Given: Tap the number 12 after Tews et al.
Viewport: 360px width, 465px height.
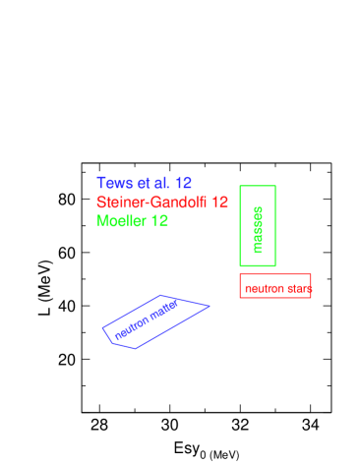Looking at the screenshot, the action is (183, 183).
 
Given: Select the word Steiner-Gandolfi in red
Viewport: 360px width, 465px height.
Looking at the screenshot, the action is (152, 202).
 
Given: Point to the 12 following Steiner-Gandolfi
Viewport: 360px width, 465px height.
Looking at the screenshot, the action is (220, 202).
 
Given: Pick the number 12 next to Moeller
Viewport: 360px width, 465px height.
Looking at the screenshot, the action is (159, 221).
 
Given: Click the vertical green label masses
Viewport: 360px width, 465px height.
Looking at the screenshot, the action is (258, 229).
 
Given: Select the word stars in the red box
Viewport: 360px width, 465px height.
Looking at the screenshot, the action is (299, 289).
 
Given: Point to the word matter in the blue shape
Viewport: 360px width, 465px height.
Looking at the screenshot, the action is (163, 309).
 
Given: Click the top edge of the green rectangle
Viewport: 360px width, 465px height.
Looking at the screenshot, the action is (258, 186).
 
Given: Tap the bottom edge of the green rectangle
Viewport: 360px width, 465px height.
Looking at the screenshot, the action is (258, 265).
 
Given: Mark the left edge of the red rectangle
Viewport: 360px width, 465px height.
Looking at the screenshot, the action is (240, 285).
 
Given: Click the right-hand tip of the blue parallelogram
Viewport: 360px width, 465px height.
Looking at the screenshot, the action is (210, 306).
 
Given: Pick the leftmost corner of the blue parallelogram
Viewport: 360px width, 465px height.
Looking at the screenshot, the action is (102, 328).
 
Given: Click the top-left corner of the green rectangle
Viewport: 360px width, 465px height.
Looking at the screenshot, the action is (240, 186).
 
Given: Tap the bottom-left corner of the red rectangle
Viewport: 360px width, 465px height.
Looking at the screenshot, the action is (240, 297).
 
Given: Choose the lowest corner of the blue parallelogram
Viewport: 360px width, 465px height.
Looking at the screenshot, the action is (136, 348).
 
